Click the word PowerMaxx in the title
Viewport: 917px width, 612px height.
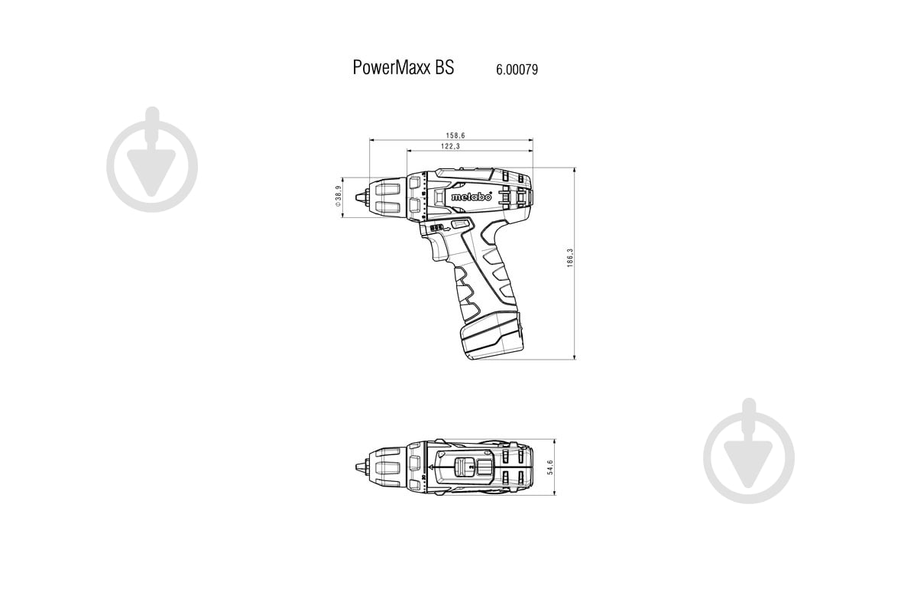(392, 67)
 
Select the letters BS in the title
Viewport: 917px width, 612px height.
(445, 67)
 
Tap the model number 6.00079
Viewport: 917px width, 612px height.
(517, 69)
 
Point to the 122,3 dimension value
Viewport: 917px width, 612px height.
(450, 147)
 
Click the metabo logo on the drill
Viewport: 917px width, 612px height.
(471, 196)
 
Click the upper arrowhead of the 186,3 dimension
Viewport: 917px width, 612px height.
(574, 170)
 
